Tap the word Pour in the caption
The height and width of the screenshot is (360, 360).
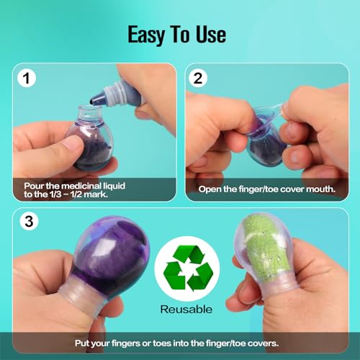point(35,185)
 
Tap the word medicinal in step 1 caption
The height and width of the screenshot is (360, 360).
point(83,185)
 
